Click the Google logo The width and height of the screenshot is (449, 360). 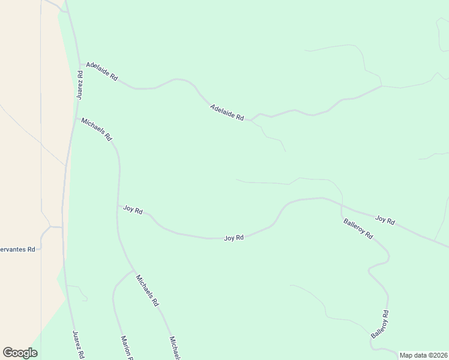click(20, 353)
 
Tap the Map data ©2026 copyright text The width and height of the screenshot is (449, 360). click(423, 355)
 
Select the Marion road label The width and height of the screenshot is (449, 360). click(126, 347)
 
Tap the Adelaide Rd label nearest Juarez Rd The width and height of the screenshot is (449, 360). click(101, 72)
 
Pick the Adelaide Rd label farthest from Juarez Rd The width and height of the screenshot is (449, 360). click(227, 113)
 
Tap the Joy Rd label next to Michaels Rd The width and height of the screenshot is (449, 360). click(133, 210)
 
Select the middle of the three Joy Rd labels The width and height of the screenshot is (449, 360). click(234, 238)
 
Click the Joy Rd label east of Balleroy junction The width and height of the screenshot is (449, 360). click(385, 221)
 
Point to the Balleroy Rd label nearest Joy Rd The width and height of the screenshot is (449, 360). click(358, 229)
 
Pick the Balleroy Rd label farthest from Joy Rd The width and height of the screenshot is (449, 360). click(381, 324)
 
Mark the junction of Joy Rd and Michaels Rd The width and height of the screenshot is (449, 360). click(118, 208)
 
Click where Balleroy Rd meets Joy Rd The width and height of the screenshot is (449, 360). click(342, 207)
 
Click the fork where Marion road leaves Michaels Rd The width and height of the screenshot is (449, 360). click(133, 271)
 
